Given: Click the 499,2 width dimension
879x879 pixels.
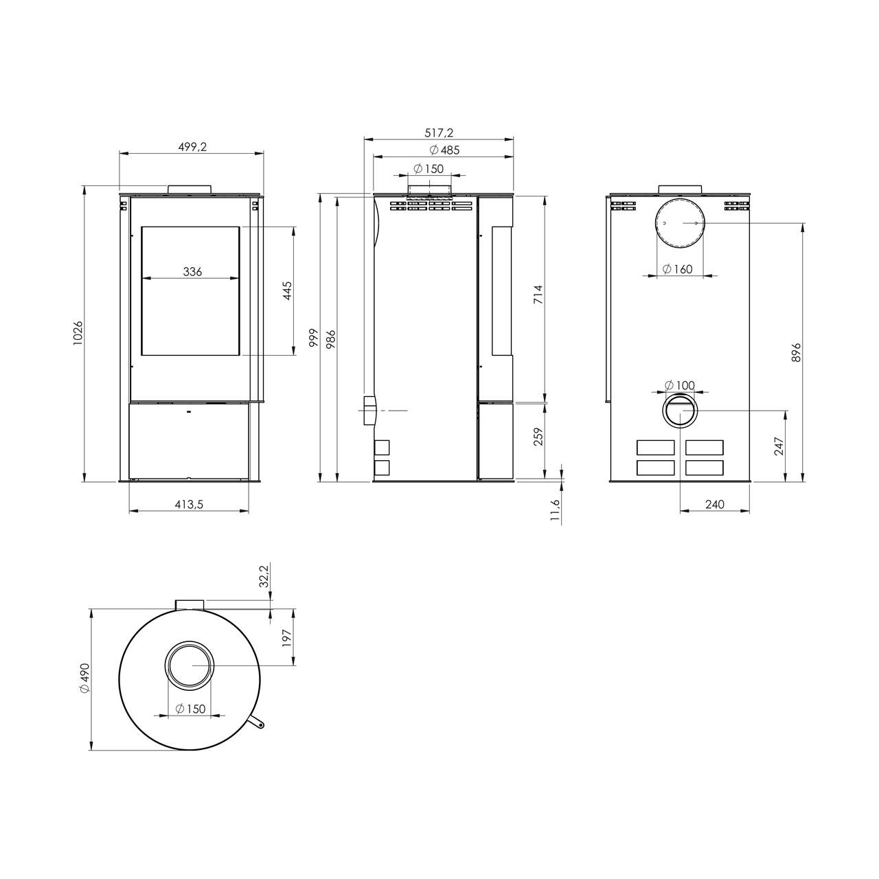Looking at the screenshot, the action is click(192, 146).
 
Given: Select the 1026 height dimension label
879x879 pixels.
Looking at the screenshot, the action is click(78, 333).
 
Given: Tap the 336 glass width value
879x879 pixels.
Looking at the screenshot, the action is click(192, 271).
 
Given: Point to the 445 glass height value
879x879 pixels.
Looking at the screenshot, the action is click(287, 290).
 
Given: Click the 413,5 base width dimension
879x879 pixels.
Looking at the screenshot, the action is click(189, 504).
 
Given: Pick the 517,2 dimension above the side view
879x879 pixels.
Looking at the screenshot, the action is click(439, 133).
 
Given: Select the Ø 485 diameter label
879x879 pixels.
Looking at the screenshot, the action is click(444, 150).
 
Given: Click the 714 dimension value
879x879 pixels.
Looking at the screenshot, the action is click(538, 295).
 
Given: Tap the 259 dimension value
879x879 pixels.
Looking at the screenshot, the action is click(538, 437).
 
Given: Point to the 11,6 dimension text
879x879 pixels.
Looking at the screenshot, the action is click(555, 510).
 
